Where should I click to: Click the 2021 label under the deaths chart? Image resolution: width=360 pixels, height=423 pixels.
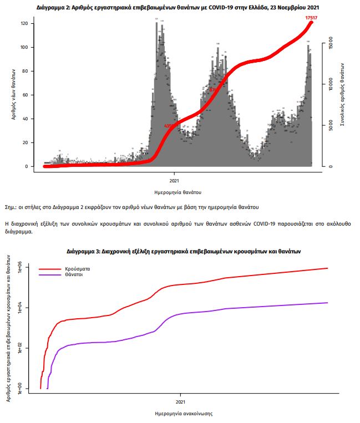pos(174,180)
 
